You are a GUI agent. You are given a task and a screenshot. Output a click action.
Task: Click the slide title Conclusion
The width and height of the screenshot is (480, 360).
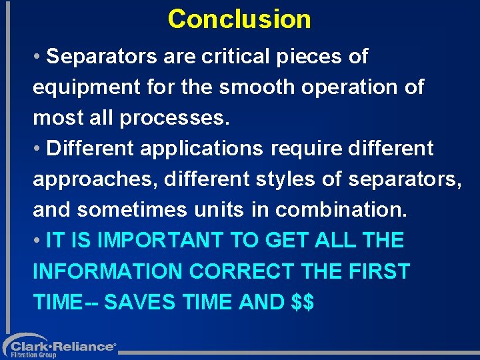(x=239, y=19)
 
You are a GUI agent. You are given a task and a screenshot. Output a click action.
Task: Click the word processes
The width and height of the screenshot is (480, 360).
(x=174, y=118)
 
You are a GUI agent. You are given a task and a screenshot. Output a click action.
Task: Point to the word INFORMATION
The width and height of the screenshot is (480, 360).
(x=107, y=271)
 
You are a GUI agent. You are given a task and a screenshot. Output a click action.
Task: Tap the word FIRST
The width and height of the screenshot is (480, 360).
(x=378, y=271)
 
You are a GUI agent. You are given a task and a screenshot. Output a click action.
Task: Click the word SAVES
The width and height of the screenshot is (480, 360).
(x=139, y=302)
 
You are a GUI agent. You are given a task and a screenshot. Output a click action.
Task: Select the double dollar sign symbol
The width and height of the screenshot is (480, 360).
(x=303, y=302)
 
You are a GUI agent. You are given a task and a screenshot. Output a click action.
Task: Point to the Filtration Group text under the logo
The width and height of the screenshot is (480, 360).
(x=33, y=355)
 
